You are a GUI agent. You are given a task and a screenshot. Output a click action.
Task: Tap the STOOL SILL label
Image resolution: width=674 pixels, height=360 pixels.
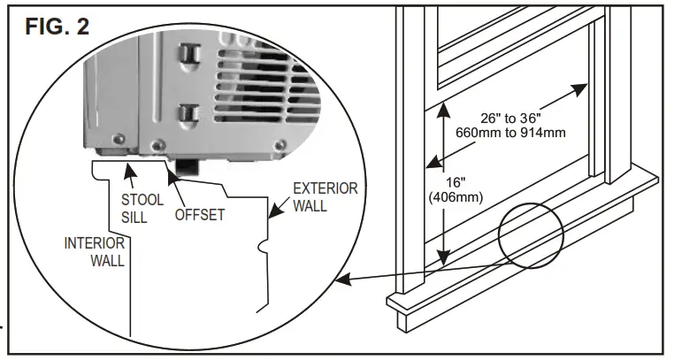coord(142,209)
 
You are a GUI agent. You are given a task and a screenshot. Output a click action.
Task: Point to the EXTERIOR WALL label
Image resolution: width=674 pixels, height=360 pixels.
coord(326,197)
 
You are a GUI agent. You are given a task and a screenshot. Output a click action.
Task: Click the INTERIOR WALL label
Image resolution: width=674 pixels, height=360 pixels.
coord(94,250)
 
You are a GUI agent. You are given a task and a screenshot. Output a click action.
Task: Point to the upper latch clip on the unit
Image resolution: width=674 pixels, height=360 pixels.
coord(187,54)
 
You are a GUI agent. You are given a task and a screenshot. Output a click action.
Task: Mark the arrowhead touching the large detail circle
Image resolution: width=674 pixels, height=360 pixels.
coord(343,280)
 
